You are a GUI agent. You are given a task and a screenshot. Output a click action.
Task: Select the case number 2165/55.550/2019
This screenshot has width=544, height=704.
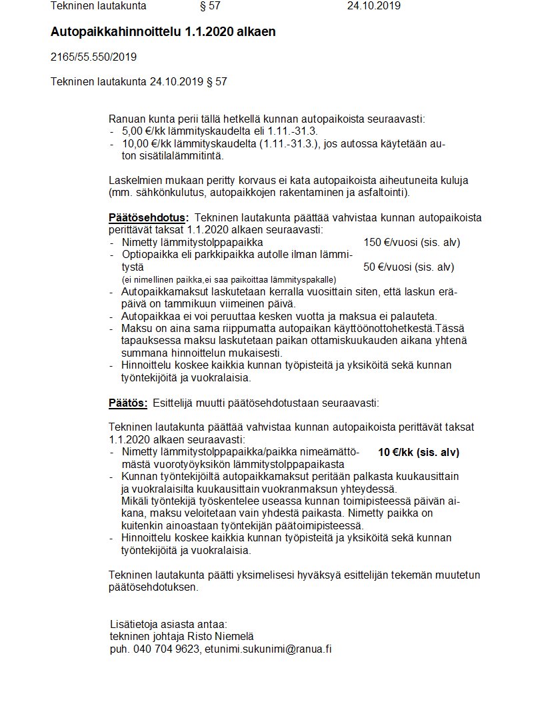coord(93,57)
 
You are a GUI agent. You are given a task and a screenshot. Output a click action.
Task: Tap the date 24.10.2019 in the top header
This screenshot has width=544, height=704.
coord(373,6)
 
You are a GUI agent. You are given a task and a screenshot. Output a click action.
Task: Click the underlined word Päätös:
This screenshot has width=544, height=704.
coord(128,403)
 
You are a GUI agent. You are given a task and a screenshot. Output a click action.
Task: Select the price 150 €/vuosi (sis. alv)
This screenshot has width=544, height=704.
coord(411,242)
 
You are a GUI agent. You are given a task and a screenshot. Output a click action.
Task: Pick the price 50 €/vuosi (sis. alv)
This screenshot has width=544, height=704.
coord(408,267)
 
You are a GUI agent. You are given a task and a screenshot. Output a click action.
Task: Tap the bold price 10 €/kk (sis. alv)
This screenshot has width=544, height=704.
coord(418,452)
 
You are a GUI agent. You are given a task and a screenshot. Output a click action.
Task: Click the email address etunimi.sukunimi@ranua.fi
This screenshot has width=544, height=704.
coord(268,648)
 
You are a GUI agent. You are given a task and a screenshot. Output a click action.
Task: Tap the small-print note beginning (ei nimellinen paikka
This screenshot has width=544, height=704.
coord(229,279)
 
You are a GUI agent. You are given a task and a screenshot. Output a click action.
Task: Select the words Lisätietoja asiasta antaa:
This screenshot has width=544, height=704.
coord(169,624)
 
